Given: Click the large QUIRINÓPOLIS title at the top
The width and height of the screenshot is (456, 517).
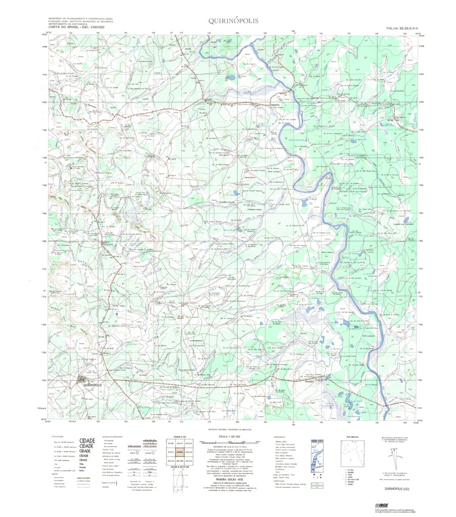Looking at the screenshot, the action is pyautogui.click(x=233, y=21).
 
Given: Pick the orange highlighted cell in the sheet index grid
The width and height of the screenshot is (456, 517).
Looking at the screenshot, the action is pyautogui.click(x=179, y=452).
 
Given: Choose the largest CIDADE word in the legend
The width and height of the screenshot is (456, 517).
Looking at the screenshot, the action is pyautogui.click(x=88, y=440).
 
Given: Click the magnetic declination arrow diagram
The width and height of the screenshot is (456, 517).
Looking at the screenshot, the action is pyautogui.click(x=397, y=456).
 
